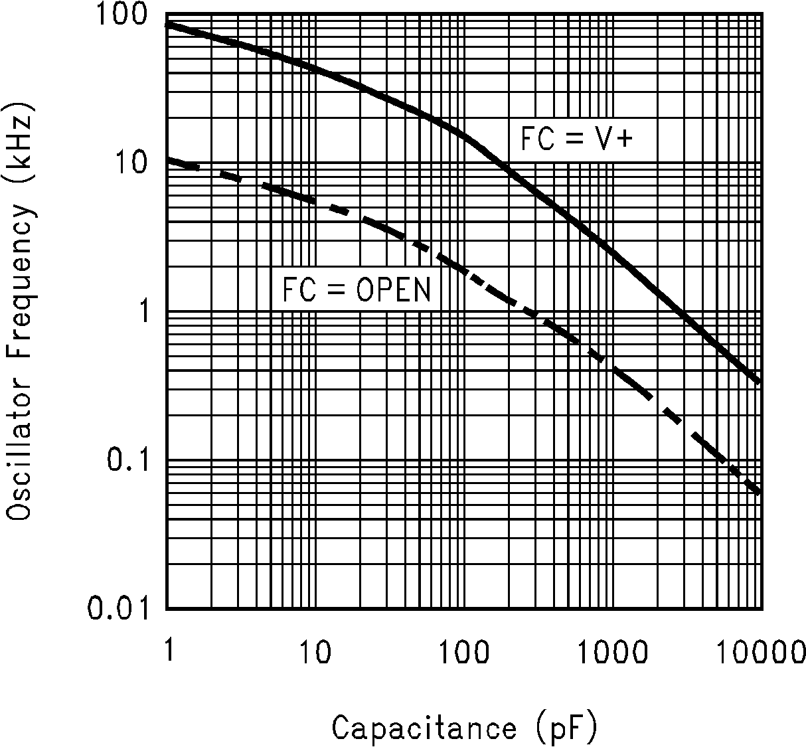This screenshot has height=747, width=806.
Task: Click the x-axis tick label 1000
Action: point(612,653)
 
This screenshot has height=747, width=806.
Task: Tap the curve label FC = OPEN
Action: point(357,290)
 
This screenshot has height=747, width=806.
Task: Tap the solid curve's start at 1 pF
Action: point(167,24)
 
